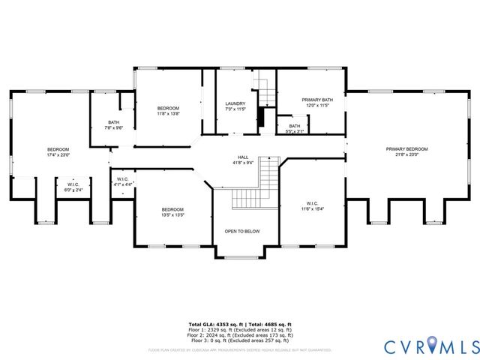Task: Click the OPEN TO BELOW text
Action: [243, 231]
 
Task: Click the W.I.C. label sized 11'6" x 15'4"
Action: [313, 205]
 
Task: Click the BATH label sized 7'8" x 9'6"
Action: [113, 124]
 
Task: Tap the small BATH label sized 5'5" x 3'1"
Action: [295, 128]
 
